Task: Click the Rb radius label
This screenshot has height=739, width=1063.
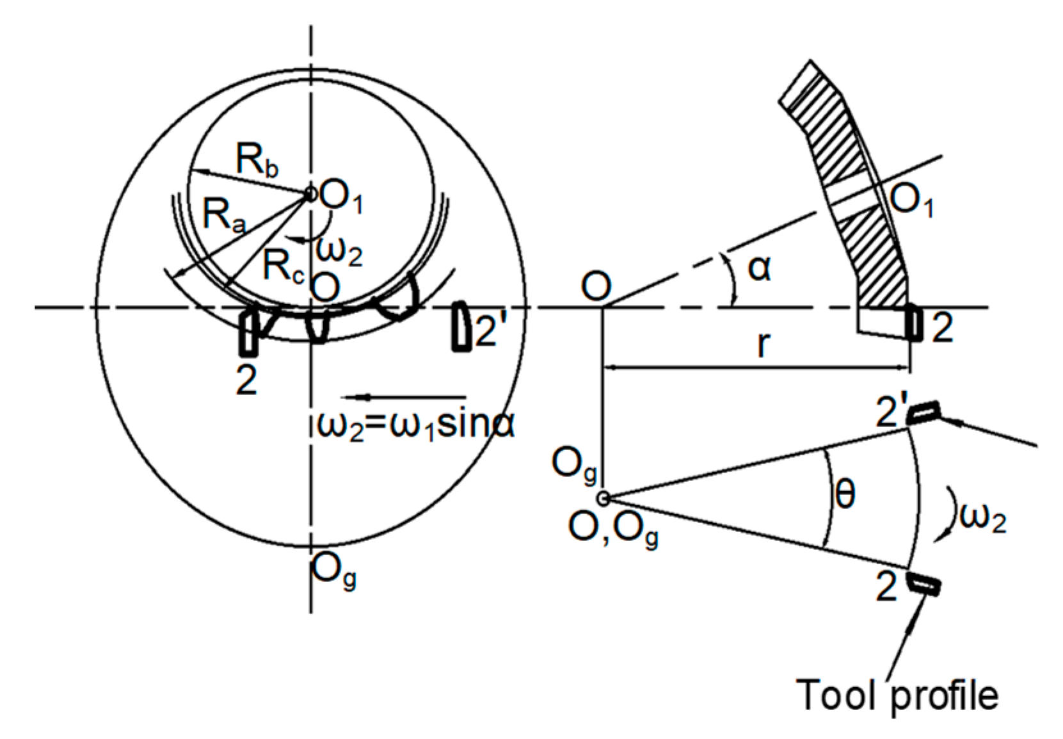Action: tap(257, 160)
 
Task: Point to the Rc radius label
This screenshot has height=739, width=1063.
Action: tap(283, 266)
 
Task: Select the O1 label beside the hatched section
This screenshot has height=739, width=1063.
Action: tap(912, 200)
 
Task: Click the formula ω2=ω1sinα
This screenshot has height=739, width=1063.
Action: tap(415, 425)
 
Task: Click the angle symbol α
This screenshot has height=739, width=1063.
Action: tap(760, 267)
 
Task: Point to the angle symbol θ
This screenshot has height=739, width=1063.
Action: tap(845, 494)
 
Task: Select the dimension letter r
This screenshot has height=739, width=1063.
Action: tap(762, 344)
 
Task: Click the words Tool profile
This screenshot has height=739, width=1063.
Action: tap(897, 695)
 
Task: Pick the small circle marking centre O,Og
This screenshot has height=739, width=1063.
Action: tap(602, 498)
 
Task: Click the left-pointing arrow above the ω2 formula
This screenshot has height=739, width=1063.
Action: tap(403, 398)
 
